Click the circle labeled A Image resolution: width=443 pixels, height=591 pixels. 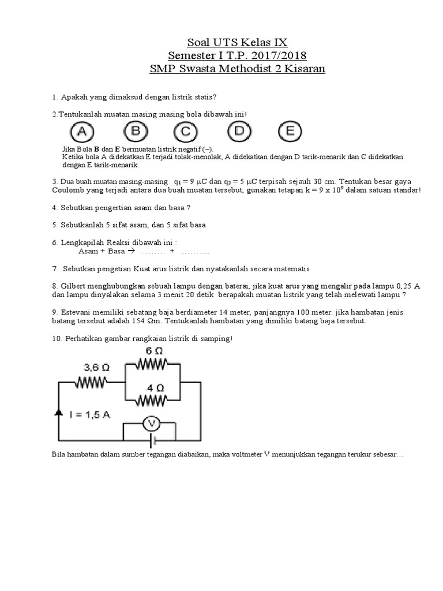pyautogui.click(x=82, y=132)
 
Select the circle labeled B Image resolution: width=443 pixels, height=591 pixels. pyautogui.click(x=135, y=132)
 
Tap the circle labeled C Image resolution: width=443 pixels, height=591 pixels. pyautogui.click(x=186, y=132)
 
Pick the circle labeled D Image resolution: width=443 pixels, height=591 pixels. pyautogui.click(x=238, y=132)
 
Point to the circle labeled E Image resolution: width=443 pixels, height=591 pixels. pyautogui.click(x=290, y=132)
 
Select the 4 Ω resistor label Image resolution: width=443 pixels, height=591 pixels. pyautogui.click(x=153, y=387)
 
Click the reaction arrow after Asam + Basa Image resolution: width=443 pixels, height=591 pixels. pyautogui.click(x=130, y=252)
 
